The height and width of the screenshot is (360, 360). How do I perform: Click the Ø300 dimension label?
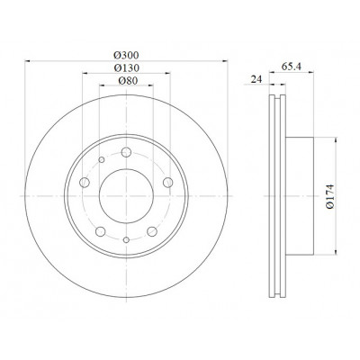click(126, 56)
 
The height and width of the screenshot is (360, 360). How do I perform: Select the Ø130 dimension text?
click(127, 68)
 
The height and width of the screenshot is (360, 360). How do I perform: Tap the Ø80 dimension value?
click(128, 81)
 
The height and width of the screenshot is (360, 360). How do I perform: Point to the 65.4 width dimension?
click(292, 67)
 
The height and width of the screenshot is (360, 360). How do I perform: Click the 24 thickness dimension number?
click(256, 79)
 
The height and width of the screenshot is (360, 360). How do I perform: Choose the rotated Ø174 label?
click(330, 196)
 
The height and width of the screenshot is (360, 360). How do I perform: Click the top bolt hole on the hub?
click(126, 152)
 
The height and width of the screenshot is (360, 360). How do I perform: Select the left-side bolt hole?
click(85, 182)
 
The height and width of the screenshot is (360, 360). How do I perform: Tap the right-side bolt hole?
click(168, 182)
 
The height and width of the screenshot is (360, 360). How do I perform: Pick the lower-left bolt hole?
click(101, 231)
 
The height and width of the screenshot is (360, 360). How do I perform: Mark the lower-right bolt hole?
click(152, 231)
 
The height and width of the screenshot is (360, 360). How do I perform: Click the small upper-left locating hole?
click(102, 159)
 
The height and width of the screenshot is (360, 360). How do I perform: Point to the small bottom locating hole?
click(126, 239)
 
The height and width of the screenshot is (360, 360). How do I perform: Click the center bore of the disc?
click(126, 196)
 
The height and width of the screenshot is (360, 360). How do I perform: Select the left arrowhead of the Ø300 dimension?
click(28, 61)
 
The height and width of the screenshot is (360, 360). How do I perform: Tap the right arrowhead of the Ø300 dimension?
click(225, 61)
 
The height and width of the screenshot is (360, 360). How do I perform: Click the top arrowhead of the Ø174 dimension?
click(336, 140)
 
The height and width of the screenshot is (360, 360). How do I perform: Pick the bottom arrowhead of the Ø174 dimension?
click(336, 252)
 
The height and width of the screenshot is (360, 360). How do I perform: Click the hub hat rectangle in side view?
click(300, 196)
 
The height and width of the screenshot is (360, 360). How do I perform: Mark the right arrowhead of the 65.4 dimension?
click(310, 72)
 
